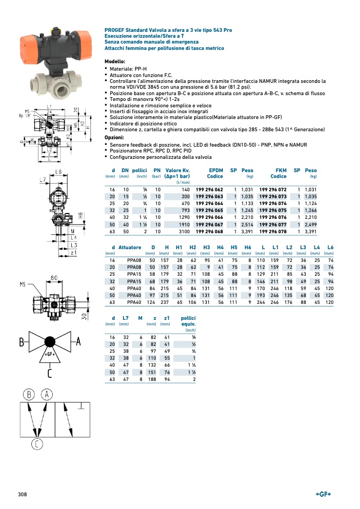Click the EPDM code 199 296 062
pyautogui.click(x=210, y=190)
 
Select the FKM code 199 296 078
pyautogui.click(x=273, y=231)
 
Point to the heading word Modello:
pyautogui.click(x=115, y=62)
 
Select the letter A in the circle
pyautogui.click(x=47, y=394)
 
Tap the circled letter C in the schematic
pyautogui.click(x=36, y=444)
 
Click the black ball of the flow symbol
pyautogui.click(x=50, y=342)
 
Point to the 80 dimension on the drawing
pyautogui.click(x=54, y=277)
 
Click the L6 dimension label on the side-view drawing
pyautogui.click(x=58, y=171)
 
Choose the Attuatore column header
pyautogui.click(x=130, y=248)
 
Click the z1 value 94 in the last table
pyautogui.click(x=166, y=379)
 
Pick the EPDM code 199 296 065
pyautogui.click(x=210, y=210)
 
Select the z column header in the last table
pyautogui.click(x=155, y=318)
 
